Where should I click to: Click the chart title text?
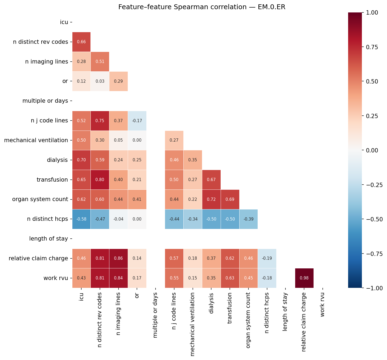pyautogui.click(x=202, y=7)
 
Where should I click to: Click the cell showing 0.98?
pyautogui.click(x=304, y=278)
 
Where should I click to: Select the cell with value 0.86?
pyautogui.click(x=119, y=258)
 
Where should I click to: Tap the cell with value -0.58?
pyautogui.click(x=81, y=219)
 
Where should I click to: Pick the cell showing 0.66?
pyautogui.click(x=81, y=42)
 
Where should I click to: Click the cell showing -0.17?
pyautogui.click(x=137, y=121)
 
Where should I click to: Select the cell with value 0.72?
pyautogui.click(x=211, y=199)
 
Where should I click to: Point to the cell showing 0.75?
pyautogui.click(x=100, y=121)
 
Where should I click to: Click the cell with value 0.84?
pyautogui.click(x=119, y=278)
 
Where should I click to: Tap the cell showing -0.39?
pyautogui.click(x=248, y=219)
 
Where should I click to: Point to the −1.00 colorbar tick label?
pyautogui.click(x=375, y=288)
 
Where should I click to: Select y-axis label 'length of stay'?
pyautogui.click(x=48, y=239)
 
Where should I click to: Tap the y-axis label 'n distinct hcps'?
pyautogui.click(x=47, y=219)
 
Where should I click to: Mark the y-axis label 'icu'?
pyautogui.click(x=64, y=22)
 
